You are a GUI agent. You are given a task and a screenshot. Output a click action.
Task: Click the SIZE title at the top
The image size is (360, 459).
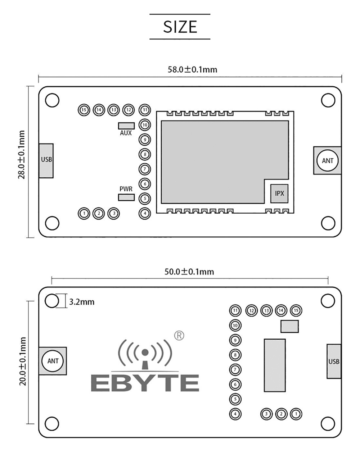[180, 27]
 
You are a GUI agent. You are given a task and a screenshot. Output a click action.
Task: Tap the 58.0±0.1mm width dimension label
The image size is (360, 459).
[193, 69]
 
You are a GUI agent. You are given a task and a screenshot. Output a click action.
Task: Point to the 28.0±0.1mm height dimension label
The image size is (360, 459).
[22, 155]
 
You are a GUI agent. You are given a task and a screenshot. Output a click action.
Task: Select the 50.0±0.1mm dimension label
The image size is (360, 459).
[189, 272]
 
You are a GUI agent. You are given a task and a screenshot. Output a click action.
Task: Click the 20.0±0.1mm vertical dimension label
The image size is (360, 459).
[23, 361]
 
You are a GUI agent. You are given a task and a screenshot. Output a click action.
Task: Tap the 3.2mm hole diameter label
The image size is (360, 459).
[82, 302]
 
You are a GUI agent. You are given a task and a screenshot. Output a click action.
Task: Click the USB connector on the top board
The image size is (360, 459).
[46, 160]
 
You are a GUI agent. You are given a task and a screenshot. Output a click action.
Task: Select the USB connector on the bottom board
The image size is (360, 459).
[334, 361]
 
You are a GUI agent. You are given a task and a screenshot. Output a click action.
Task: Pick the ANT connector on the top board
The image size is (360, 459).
[327, 160]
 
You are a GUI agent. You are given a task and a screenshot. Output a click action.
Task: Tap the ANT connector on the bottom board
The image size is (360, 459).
[53, 361]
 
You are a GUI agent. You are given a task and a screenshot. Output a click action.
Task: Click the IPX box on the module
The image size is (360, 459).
[279, 193]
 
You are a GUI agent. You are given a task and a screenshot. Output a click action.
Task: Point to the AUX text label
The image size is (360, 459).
[126, 133]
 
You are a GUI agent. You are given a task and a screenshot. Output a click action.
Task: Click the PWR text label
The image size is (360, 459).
[126, 189]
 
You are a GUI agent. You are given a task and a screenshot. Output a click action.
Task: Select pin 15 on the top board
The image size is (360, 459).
[84, 110]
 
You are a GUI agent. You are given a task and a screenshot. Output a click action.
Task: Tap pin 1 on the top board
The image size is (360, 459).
[84, 213]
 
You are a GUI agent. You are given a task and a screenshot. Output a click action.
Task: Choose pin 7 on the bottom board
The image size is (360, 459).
[235, 369]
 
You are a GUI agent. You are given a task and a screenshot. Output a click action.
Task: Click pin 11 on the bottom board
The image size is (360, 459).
[235, 310]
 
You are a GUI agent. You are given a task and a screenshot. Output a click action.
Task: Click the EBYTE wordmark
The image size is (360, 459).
[144, 382]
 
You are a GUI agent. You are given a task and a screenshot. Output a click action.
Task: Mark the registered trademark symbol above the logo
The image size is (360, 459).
[179, 335]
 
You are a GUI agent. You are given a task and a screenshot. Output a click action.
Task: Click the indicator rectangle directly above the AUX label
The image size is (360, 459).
[126, 126]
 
